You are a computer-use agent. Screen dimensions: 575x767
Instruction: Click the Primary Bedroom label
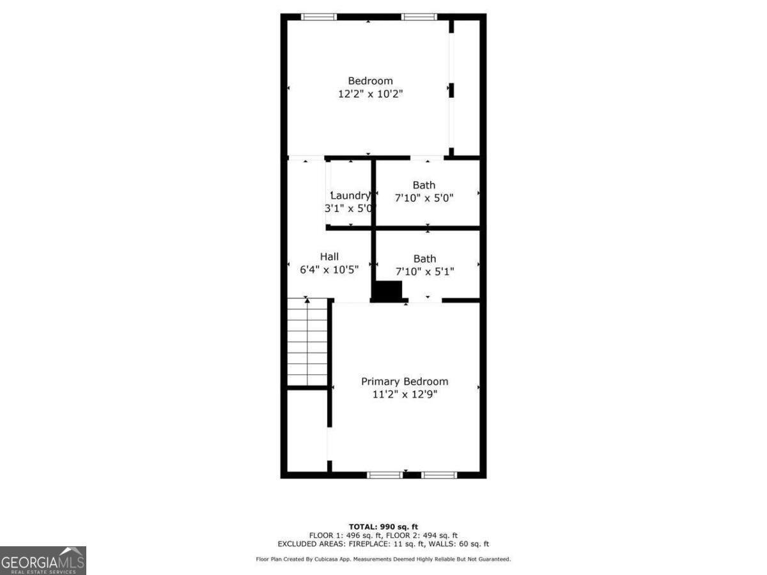(x=405, y=381)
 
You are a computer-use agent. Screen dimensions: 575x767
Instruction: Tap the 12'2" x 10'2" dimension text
(x=371, y=94)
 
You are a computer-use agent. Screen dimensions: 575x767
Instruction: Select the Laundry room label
(x=350, y=195)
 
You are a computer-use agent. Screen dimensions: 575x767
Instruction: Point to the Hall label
(x=329, y=256)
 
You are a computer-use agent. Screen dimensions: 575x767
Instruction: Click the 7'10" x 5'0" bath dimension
(x=424, y=198)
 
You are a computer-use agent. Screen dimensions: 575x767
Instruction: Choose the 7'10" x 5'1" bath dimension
(x=424, y=272)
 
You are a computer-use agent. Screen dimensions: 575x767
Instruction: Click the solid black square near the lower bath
(x=388, y=291)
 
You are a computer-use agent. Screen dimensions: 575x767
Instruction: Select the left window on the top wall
(x=319, y=17)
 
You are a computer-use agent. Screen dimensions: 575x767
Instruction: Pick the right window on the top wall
(x=419, y=17)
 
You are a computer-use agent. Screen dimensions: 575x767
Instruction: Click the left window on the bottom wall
(x=385, y=475)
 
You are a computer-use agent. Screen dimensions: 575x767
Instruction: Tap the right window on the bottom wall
(x=439, y=475)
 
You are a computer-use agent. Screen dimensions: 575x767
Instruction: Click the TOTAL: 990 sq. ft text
(x=383, y=526)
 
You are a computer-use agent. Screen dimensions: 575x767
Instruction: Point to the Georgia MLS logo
(x=43, y=560)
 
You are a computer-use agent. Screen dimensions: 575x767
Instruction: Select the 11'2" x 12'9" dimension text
(x=405, y=394)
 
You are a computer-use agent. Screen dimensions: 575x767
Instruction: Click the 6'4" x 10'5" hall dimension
(x=329, y=270)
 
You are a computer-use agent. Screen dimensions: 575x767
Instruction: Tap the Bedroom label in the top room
(x=370, y=81)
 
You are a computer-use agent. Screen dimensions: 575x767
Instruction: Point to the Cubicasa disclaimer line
(x=383, y=560)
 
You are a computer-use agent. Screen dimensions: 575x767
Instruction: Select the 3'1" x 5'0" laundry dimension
(x=350, y=208)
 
